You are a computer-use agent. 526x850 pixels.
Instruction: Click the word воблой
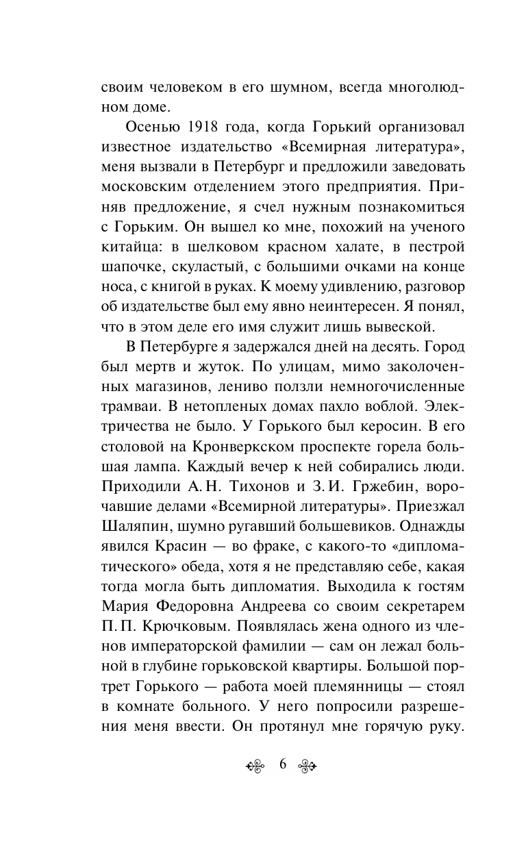(355, 404)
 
